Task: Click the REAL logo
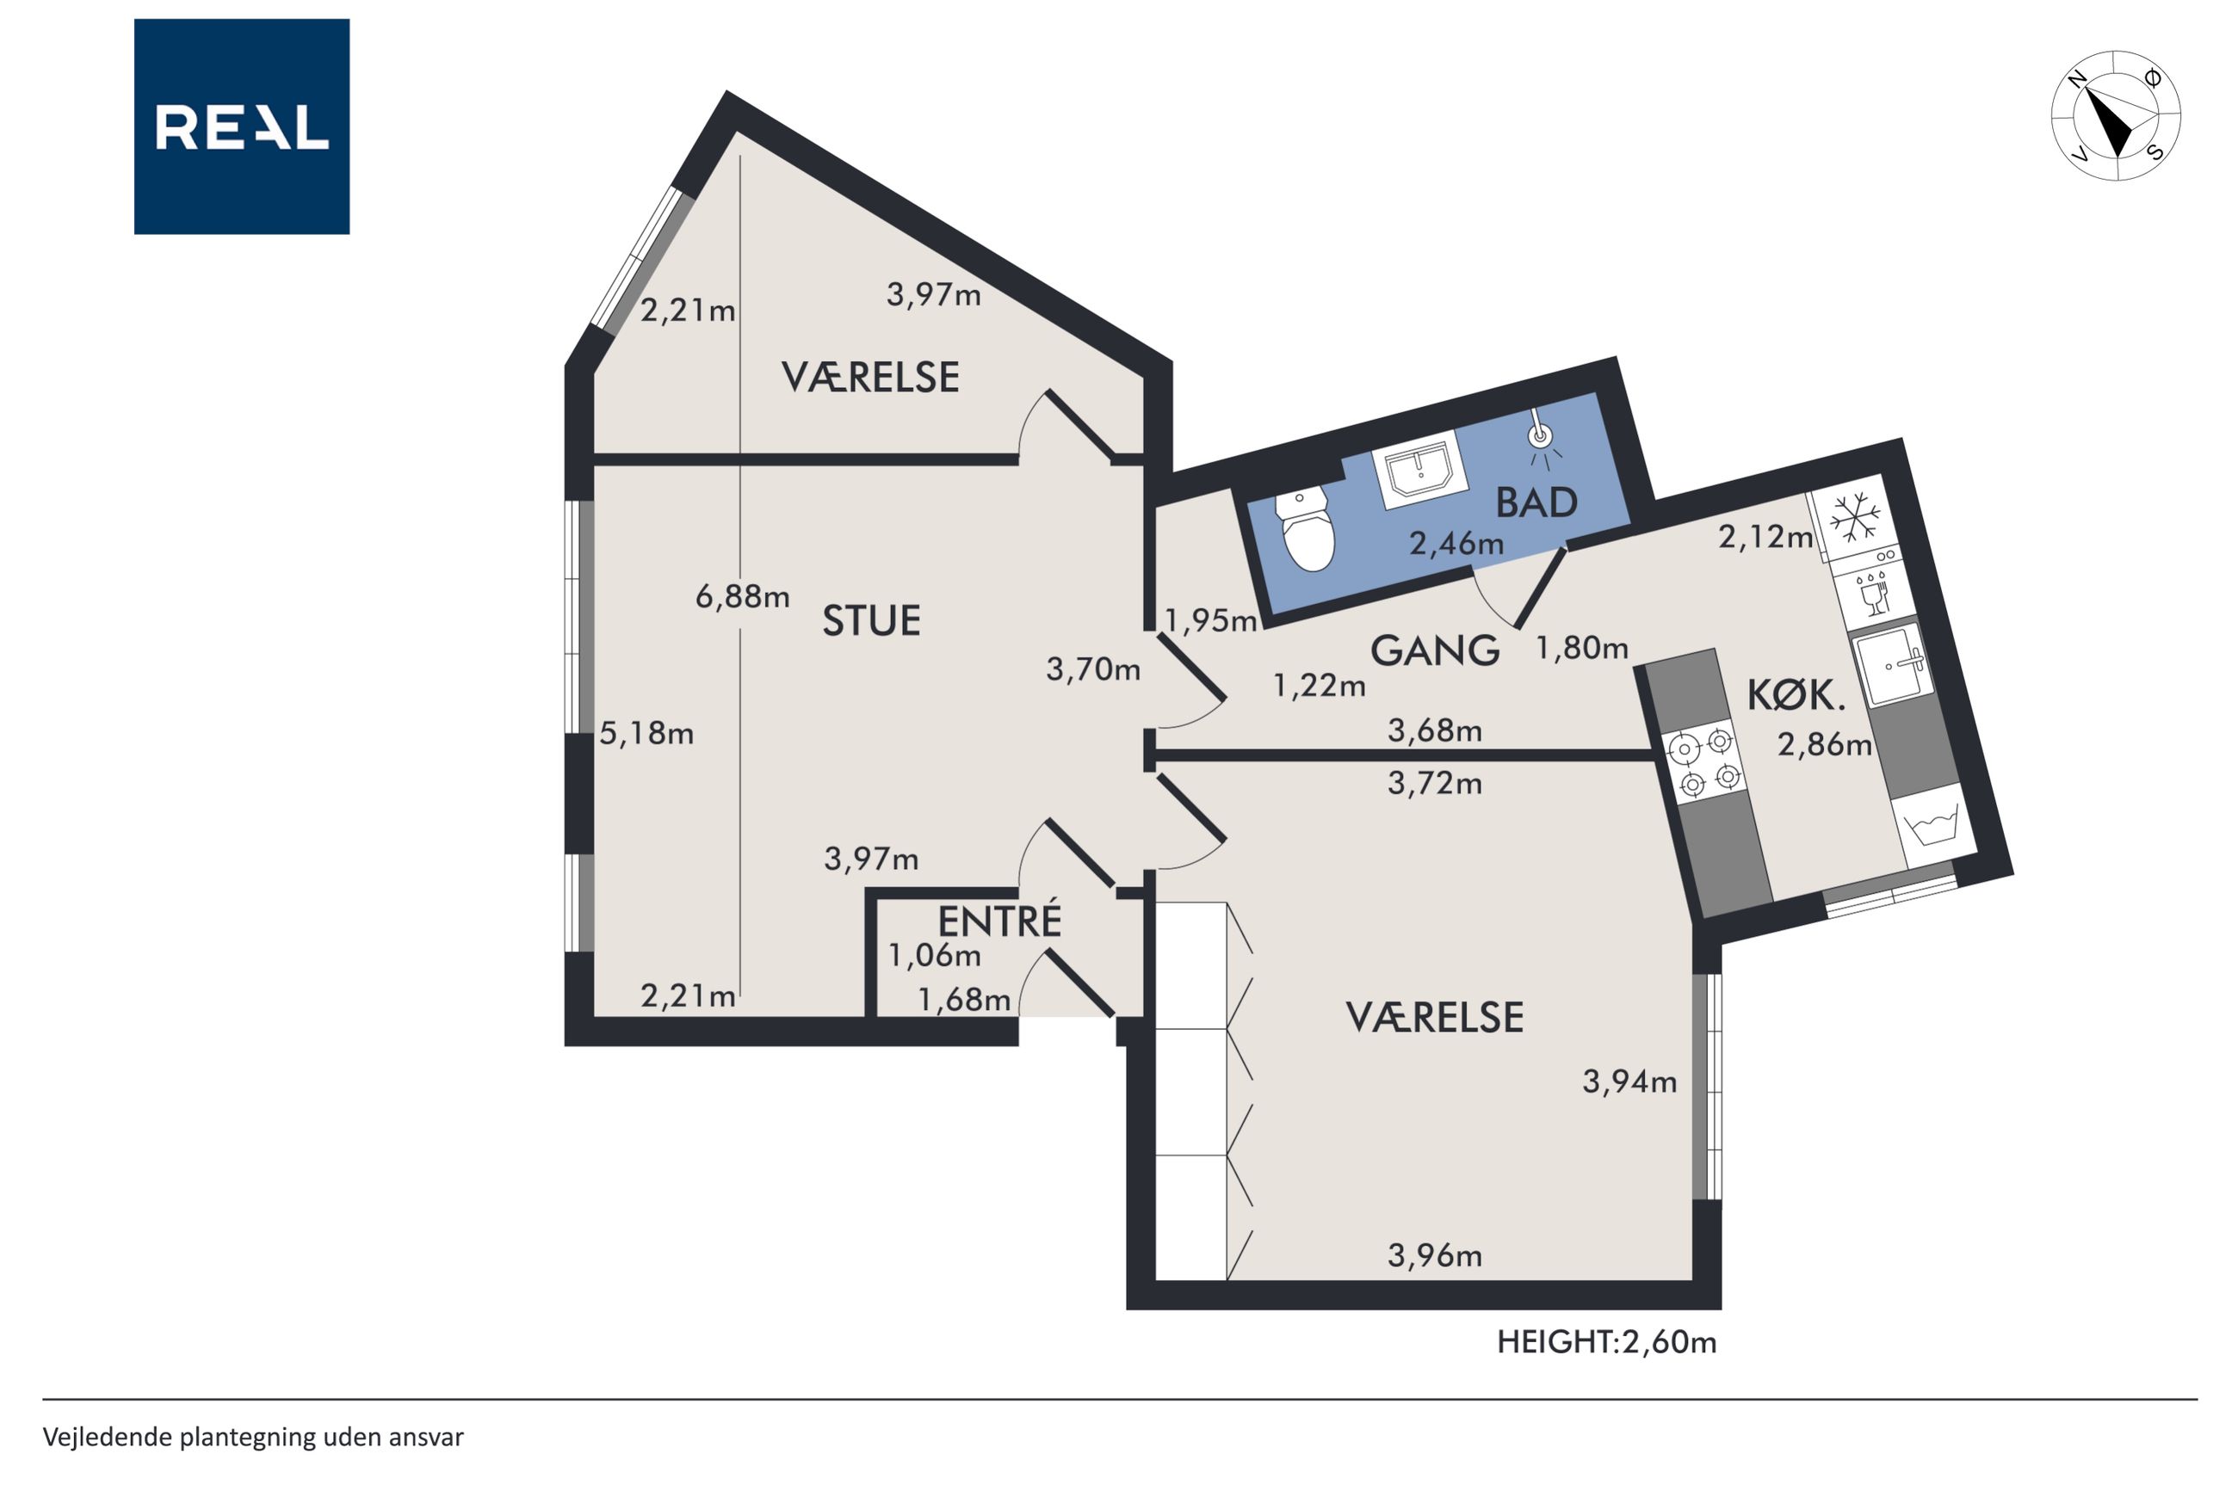click(x=242, y=126)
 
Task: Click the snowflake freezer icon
click(x=1855, y=519)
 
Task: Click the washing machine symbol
click(x=1931, y=823)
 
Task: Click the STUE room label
click(x=871, y=621)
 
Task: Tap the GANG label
click(x=1434, y=650)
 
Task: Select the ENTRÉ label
click(x=998, y=921)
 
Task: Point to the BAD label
click(x=1536, y=502)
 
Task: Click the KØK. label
click(x=1796, y=696)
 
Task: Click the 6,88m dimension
click(x=742, y=597)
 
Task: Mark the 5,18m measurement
click(x=646, y=733)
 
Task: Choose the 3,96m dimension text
click(x=1434, y=1255)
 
